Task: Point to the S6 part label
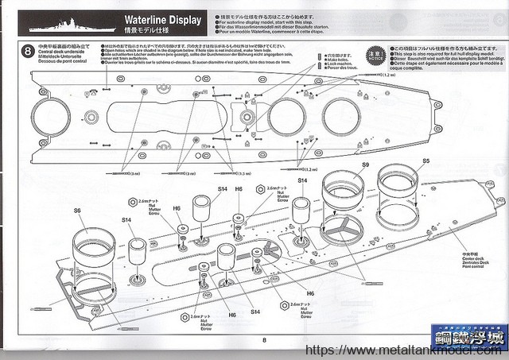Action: pyautogui.click(x=77, y=211)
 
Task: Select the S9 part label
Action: pyautogui.click(x=365, y=165)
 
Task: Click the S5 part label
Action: pyautogui.click(x=426, y=161)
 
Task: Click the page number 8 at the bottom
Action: pyautogui.click(x=262, y=339)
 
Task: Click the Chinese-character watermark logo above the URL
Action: pyautogui.click(x=467, y=335)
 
